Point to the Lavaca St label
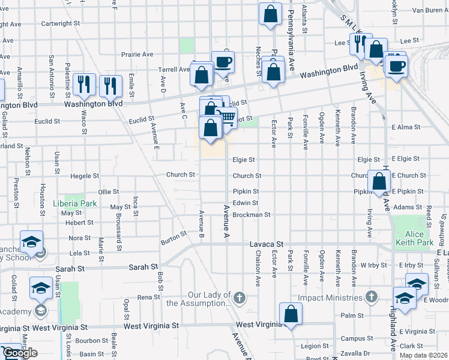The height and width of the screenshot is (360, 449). pyautogui.click(x=267, y=245)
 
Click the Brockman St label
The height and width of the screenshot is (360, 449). pyautogui.click(x=252, y=214)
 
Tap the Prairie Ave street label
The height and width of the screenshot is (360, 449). pyautogui.click(x=139, y=54)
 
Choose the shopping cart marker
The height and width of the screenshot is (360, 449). pyautogui.click(x=226, y=118)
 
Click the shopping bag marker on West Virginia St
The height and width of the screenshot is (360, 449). pyautogui.click(x=291, y=314)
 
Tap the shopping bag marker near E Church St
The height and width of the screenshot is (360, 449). pyautogui.click(x=379, y=181)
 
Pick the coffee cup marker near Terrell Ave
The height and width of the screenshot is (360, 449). pyautogui.click(x=223, y=62)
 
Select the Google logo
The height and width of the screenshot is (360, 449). pyautogui.click(x=20, y=353)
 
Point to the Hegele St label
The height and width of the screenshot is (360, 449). pyautogui.click(x=85, y=176)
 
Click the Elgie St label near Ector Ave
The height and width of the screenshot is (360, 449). pyautogui.click(x=244, y=160)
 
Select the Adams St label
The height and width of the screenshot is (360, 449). pyautogui.click(x=408, y=207)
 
